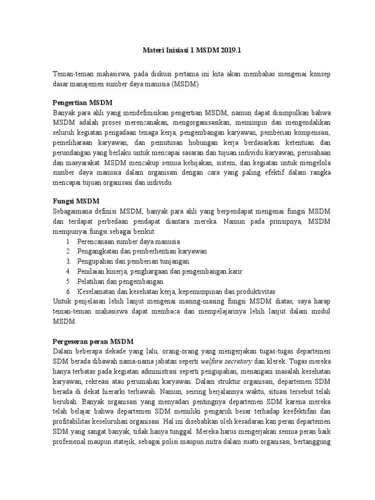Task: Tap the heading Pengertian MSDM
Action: point(82,103)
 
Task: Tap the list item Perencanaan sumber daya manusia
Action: point(128,242)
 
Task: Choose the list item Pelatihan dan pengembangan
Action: point(120,282)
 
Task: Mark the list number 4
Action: point(68,271)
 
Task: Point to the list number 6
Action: point(68,292)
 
